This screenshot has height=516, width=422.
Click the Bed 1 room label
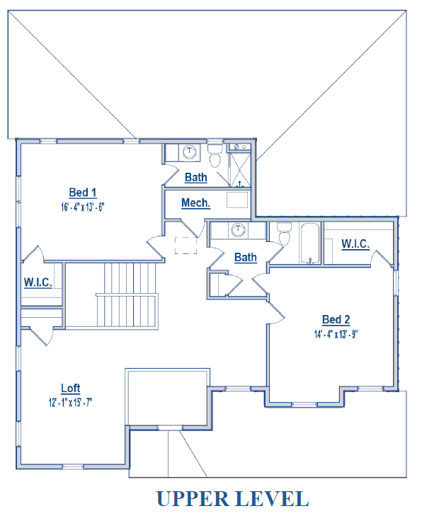click(83, 193)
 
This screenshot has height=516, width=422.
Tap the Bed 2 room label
click(336, 319)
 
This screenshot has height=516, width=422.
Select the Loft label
click(70, 389)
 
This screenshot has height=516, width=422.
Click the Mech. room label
click(196, 202)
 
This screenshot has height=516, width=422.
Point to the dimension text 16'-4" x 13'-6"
click(83, 207)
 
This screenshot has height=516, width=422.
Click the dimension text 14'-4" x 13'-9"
click(336, 334)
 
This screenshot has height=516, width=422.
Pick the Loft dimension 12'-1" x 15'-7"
click(70, 402)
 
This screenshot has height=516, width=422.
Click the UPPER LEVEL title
click(233, 498)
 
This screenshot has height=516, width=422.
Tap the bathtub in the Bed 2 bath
click(309, 243)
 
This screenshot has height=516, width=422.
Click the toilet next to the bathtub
click(284, 234)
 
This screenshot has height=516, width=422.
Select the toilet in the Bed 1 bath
click(215, 155)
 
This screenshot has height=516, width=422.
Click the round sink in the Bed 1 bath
click(190, 152)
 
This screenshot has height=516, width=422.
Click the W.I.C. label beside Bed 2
click(355, 244)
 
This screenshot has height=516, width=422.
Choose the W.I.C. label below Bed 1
click(38, 282)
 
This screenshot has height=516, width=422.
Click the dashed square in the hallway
click(186, 246)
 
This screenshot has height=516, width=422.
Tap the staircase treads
click(127, 295)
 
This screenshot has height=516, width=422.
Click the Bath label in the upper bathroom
click(196, 178)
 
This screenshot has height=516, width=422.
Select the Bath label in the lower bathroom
click(245, 258)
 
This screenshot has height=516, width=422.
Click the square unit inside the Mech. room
click(237, 200)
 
